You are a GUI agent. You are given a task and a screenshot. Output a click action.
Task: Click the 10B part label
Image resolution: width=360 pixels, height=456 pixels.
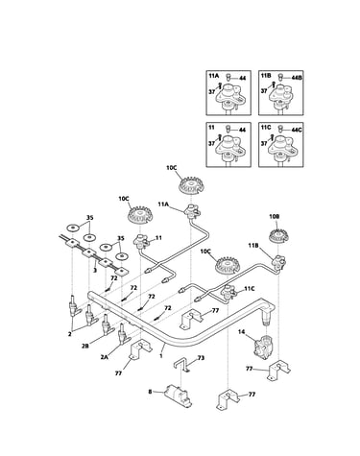275,217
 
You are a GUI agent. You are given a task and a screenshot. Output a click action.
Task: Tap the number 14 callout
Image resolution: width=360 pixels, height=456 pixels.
241,332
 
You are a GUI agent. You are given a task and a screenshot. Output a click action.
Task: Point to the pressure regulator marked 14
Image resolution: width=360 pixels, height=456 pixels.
263,348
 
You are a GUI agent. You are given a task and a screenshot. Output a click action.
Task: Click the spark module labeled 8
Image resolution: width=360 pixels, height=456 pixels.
178,396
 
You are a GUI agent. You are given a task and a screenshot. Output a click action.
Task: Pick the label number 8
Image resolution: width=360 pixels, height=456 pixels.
150,391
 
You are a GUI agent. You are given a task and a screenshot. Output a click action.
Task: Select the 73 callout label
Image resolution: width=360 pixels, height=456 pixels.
201,358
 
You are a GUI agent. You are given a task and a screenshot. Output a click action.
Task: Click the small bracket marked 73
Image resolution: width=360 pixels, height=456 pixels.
183,365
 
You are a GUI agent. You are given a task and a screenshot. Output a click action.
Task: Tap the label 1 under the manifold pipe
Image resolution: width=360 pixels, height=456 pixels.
161,355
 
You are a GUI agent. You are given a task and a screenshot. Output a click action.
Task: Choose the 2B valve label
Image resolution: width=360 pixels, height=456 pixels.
84,346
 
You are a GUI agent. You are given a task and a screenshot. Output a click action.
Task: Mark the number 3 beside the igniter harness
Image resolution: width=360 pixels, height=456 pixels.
95,270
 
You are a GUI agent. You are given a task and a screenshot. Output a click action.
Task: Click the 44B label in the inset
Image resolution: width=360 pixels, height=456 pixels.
297,78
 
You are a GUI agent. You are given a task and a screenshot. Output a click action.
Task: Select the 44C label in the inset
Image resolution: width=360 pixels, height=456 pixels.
297,130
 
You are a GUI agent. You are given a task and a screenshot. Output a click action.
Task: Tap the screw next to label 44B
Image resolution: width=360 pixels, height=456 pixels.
281,77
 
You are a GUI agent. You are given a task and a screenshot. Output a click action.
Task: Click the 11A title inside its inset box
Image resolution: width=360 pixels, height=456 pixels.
213,76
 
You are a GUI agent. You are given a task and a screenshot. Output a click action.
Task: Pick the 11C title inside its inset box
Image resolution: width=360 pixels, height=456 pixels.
266,128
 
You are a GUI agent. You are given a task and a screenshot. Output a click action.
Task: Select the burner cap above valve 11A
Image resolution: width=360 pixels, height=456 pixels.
192,186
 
